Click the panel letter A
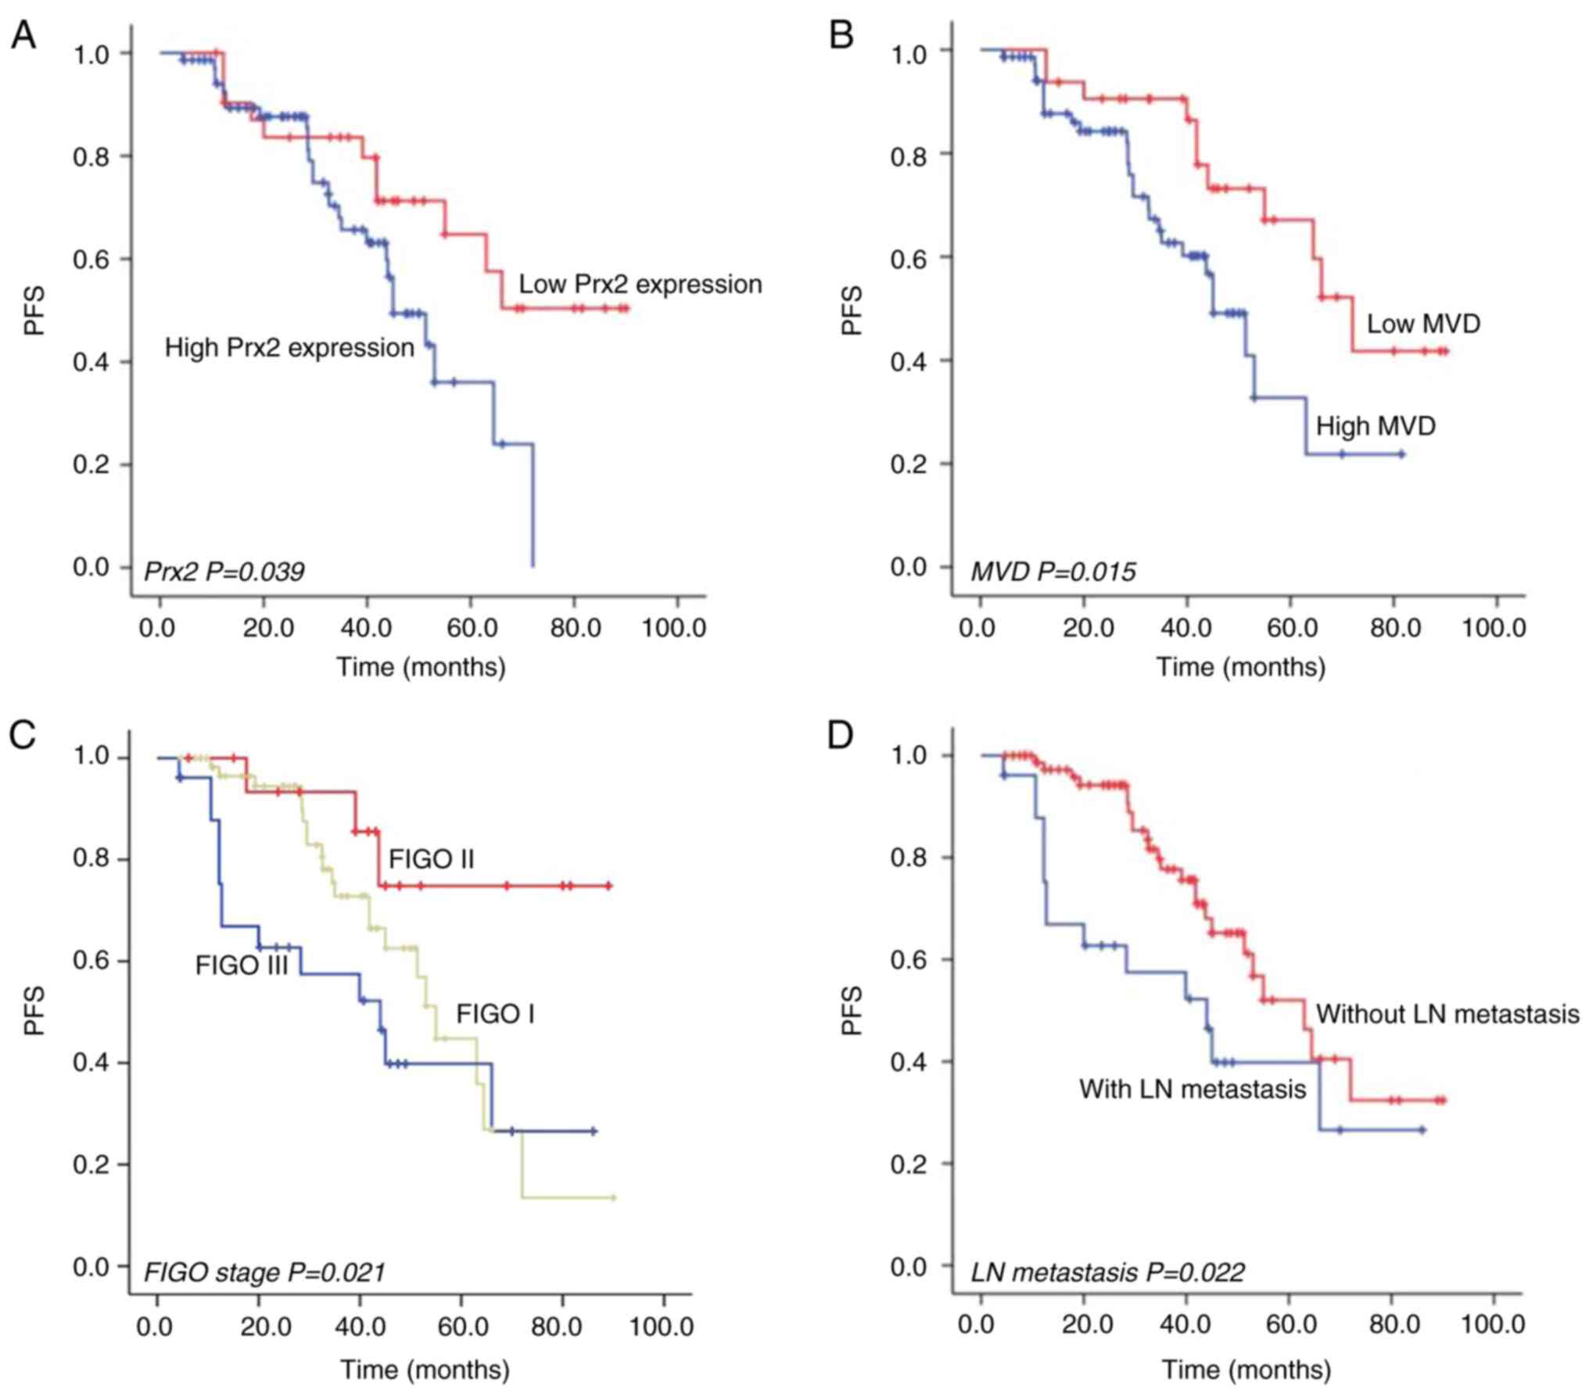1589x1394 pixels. (x=23, y=36)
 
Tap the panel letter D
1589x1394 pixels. (x=840, y=736)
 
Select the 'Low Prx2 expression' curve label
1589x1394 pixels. (x=640, y=285)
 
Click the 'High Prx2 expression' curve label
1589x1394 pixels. (x=289, y=348)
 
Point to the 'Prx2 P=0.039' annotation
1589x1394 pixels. (x=224, y=572)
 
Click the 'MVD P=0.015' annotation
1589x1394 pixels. (x=1053, y=572)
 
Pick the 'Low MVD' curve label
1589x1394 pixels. (x=1423, y=324)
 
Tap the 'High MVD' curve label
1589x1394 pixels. (x=1376, y=426)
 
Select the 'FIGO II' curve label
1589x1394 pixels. (x=432, y=860)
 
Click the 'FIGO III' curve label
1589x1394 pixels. (x=242, y=966)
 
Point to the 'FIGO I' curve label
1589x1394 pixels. (x=495, y=1015)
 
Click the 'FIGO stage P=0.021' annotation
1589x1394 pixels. (x=264, y=1273)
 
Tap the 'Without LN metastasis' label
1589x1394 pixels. (x=1447, y=1015)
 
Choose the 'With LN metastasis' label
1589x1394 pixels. (x=1193, y=1089)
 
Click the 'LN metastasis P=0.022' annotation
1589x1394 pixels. (x=1107, y=1273)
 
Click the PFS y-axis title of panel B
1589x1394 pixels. (x=852, y=310)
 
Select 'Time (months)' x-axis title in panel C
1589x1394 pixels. (x=425, y=1369)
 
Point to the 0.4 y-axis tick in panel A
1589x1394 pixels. (x=91, y=362)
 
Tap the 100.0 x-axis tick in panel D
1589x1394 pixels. (x=1493, y=1324)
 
